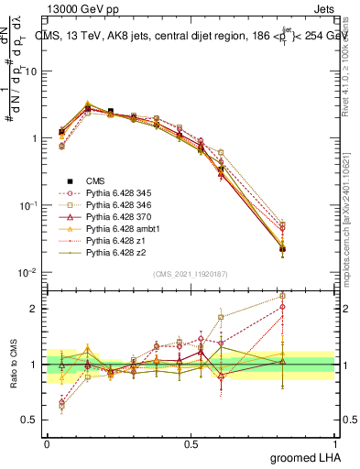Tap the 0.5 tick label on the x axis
click(191, 443)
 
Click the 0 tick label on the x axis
click(47, 443)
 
